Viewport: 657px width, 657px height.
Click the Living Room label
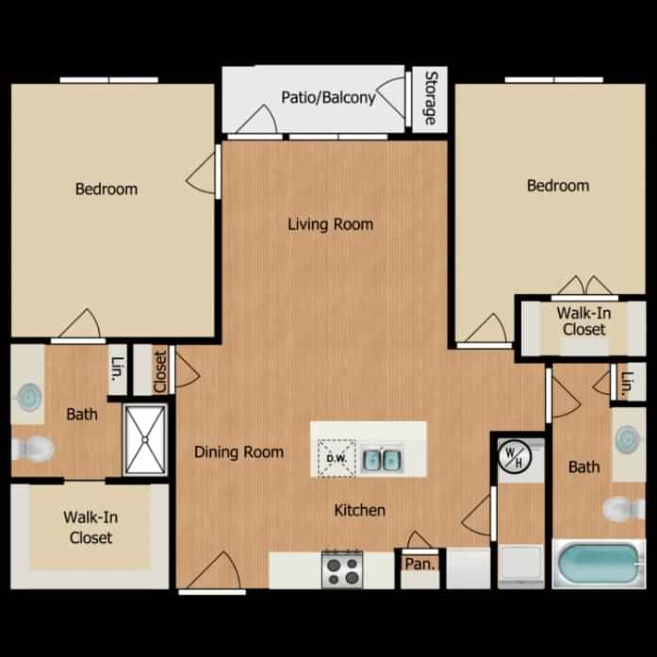click(330, 224)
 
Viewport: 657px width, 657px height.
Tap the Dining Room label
click(238, 452)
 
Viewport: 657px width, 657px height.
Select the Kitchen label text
click(359, 511)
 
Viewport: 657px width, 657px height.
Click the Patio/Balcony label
click(328, 97)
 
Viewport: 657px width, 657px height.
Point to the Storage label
click(431, 98)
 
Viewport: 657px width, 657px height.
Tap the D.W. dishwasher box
click(336, 459)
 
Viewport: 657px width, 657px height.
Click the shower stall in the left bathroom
click(145, 438)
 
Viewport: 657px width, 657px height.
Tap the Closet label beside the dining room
click(159, 371)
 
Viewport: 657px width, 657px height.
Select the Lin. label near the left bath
click(117, 371)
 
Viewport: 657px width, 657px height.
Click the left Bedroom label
click(106, 189)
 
